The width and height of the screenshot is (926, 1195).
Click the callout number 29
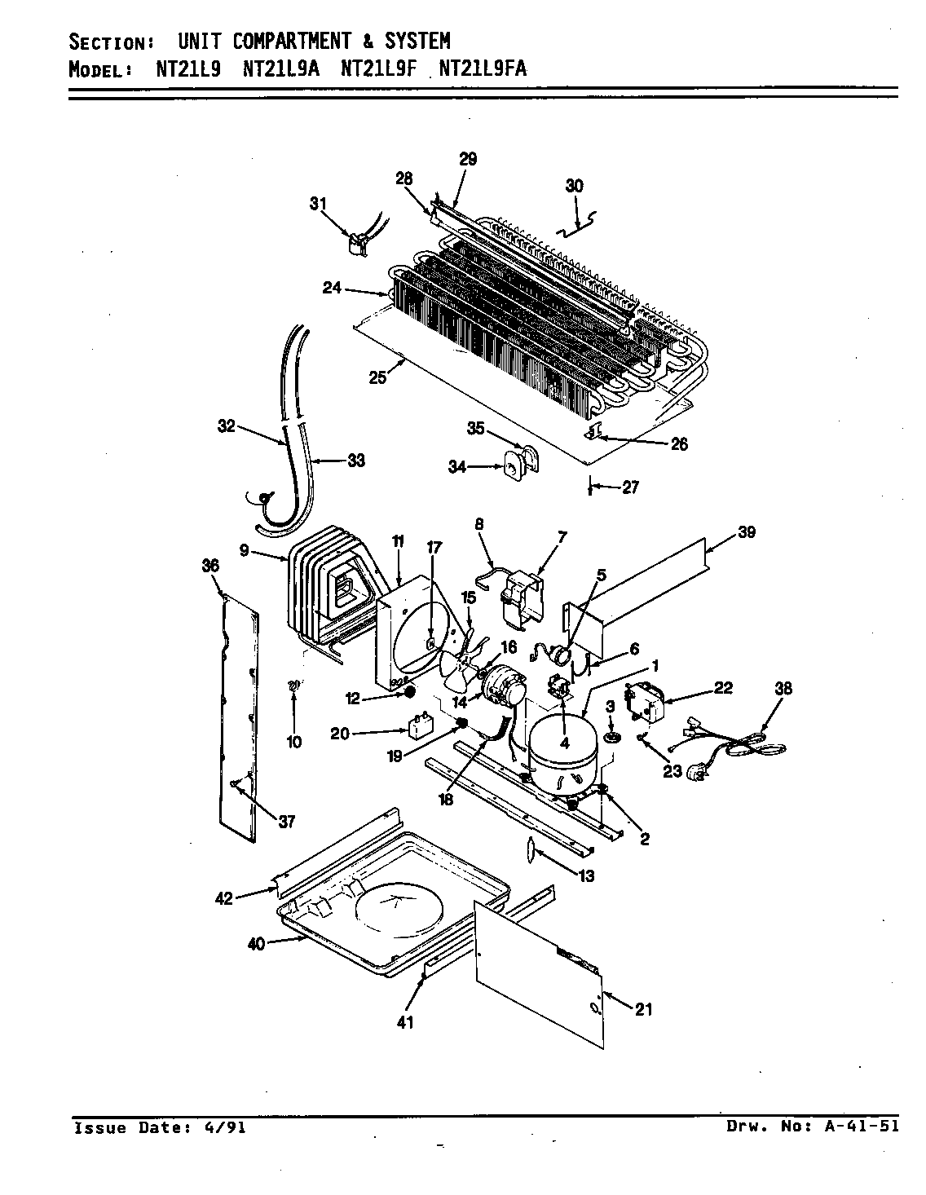point(467,159)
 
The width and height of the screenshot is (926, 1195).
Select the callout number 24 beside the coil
point(332,287)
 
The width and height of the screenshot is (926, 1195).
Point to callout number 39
point(745,532)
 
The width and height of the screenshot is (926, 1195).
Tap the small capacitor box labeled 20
point(421,727)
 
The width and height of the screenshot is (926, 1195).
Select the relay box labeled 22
point(644,703)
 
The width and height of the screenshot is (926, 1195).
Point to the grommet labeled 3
point(611,738)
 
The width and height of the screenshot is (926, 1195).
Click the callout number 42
point(223,898)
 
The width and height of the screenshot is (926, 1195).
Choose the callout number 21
point(644,1010)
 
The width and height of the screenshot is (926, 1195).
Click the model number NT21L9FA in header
point(483,68)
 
